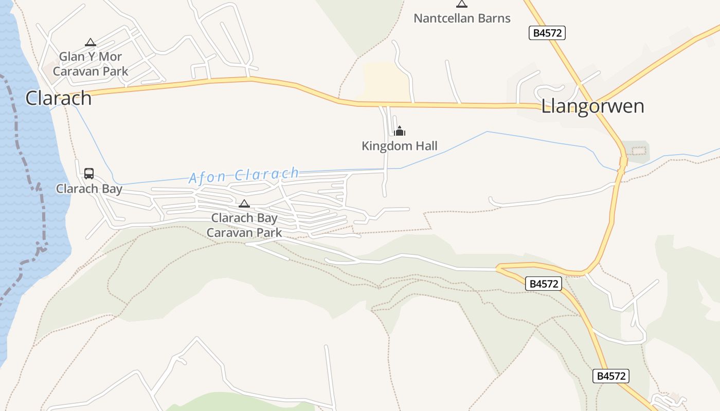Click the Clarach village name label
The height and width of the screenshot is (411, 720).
pos(59,98)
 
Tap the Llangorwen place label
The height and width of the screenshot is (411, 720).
pos(592,106)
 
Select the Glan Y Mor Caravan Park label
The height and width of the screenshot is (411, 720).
pos(91,64)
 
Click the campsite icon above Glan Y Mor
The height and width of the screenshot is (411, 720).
pos(91,43)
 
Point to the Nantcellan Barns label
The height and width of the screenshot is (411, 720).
pos(462,18)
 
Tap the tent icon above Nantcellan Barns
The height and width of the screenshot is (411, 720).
pos(462,4)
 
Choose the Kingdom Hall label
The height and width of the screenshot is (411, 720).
pos(400,146)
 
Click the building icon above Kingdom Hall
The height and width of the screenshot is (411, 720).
pos(400,131)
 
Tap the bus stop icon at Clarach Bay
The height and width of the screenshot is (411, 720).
pos(89,174)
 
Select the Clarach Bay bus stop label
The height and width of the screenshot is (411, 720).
pos(89,189)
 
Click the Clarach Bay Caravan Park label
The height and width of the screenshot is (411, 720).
pos(244,225)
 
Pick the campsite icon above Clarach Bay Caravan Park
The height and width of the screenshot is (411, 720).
pos(244,204)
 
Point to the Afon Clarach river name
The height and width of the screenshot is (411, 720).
pos(244,175)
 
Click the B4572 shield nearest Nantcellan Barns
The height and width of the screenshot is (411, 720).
pos(547,33)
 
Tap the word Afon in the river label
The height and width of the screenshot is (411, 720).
pos(207,177)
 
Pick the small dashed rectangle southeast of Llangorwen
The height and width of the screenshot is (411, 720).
pos(638,151)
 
